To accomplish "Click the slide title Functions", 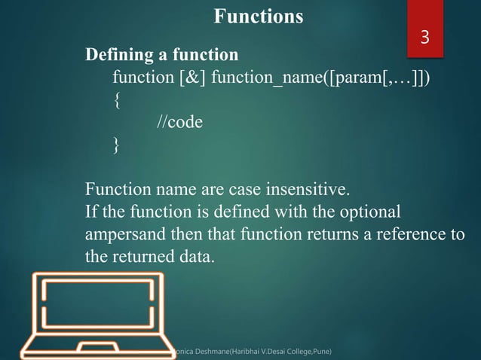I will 259,16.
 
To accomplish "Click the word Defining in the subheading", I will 116,55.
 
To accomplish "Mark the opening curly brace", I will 115,100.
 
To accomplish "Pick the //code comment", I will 179,122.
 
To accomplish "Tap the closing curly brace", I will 115,145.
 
